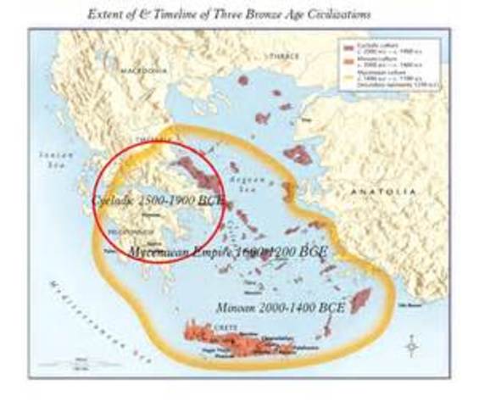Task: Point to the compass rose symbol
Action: (x=411, y=346)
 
